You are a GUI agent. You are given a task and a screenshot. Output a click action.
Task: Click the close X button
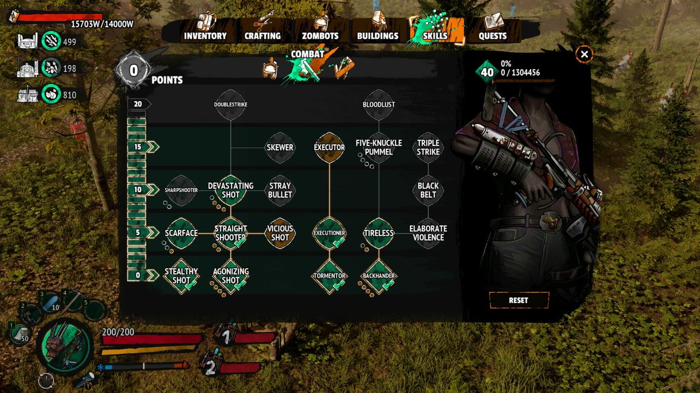tap(584, 54)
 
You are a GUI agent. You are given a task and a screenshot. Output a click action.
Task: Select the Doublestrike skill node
tap(231, 104)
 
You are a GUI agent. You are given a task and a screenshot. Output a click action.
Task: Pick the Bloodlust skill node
tap(379, 104)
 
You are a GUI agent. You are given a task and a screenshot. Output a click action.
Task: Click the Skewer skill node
tap(280, 148)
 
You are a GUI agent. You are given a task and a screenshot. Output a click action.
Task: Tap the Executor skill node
tap(330, 148)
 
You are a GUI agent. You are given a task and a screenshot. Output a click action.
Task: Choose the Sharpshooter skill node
tap(181, 190)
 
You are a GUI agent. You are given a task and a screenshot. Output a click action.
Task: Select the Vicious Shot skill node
tap(280, 233)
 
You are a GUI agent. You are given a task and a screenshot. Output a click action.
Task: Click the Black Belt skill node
tap(428, 190)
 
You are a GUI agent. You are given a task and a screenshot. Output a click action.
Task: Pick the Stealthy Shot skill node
tap(181, 276)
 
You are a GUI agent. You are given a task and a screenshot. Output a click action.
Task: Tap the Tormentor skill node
tap(330, 276)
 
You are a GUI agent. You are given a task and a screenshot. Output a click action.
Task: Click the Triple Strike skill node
tap(428, 148)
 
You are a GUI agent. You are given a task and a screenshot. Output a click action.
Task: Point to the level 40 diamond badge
tap(486, 72)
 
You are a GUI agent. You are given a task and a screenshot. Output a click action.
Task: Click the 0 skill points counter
tap(134, 70)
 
